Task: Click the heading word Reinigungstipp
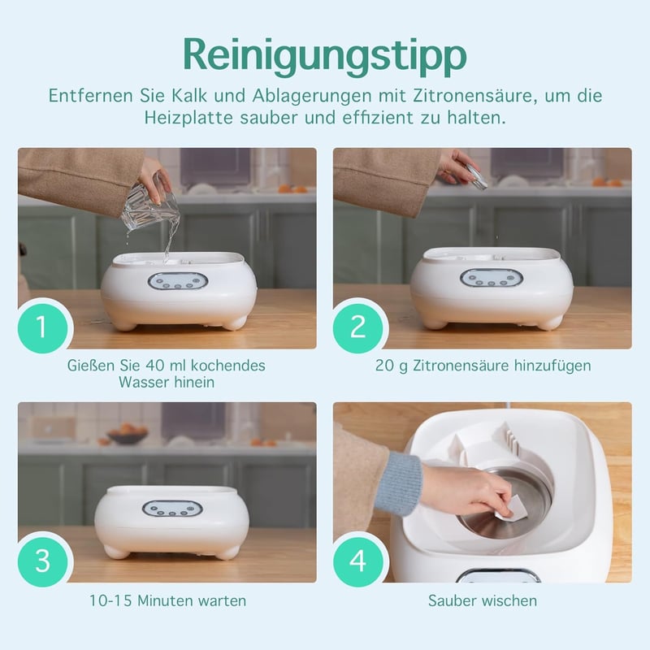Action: coord(325,56)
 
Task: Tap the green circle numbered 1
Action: coord(42,328)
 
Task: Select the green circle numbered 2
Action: coord(357,328)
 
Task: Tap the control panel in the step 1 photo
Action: coord(178,281)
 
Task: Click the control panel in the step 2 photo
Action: coord(492,278)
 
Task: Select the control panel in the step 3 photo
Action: coord(172,509)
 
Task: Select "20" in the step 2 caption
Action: coord(383,366)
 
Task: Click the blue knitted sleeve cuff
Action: coord(399,483)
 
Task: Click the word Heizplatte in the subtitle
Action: coord(188,118)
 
